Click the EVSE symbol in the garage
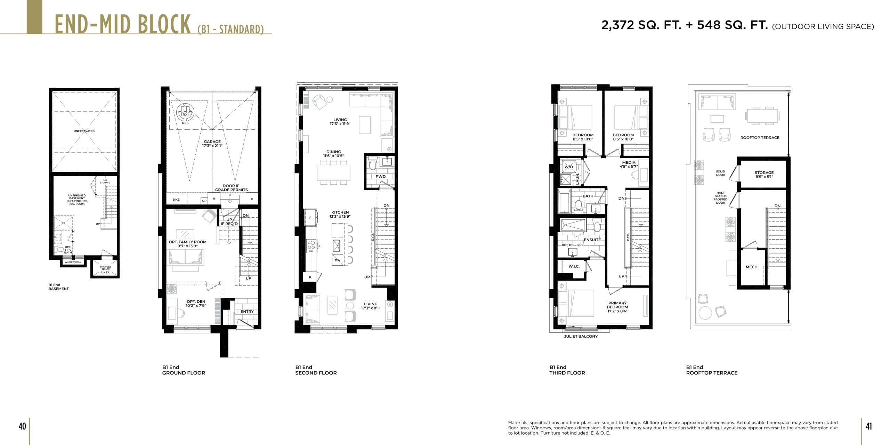(185, 112)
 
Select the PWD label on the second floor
(380, 177)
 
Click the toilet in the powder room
(373, 163)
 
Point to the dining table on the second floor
(333, 172)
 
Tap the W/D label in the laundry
(568, 167)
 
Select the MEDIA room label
(629, 163)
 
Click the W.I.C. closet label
(574, 267)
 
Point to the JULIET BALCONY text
(581, 337)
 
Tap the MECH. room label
(752, 267)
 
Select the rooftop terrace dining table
(762, 116)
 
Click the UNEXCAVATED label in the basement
(84, 131)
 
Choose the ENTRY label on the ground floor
(247, 312)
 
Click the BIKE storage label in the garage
(176, 200)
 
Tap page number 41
(868, 426)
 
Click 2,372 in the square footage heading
(617, 25)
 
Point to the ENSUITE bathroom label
(592, 240)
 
